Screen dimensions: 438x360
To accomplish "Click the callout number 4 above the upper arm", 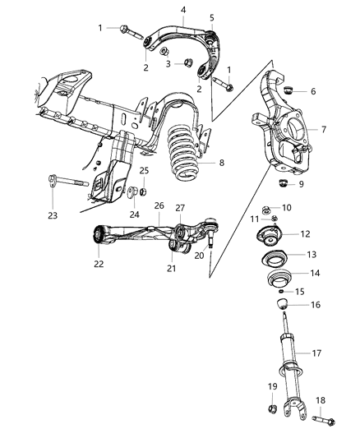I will pos(182,10).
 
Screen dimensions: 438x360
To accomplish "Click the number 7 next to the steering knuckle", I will pos(323,130).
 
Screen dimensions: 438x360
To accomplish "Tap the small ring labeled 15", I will pos(283,291).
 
